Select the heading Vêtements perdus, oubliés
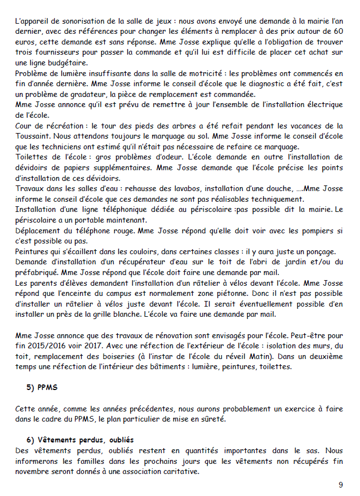click(x=79, y=440)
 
